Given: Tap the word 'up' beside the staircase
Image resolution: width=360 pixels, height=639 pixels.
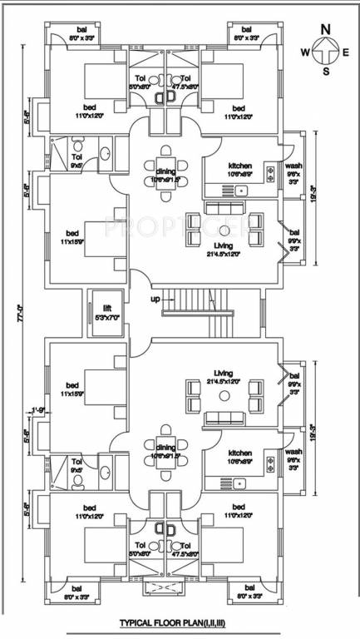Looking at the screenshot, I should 154,299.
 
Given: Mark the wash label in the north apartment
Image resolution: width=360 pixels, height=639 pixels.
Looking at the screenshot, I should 293,166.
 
